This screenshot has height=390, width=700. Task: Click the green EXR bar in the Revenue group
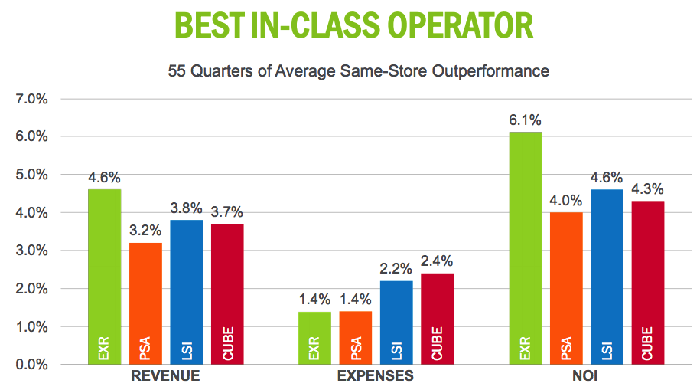pyautogui.click(x=104, y=277)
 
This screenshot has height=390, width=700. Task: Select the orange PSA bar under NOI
pyautogui.click(x=565, y=288)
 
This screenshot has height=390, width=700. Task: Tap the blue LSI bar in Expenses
pyautogui.click(x=396, y=323)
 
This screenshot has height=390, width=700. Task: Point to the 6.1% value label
pyautogui.click(x=525, y=120)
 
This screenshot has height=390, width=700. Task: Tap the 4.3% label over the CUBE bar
pyautogui.click(x=647, y=188)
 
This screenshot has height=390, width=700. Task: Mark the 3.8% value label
pyautogui.click(x=186, y=208)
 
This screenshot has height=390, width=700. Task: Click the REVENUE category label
pyautogui.click(x=165, y=377)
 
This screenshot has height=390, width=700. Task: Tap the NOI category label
pyautogui.click(x=586, y=377)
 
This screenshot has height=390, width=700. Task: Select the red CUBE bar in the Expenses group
pyautogui.click(x=437, y=319)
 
